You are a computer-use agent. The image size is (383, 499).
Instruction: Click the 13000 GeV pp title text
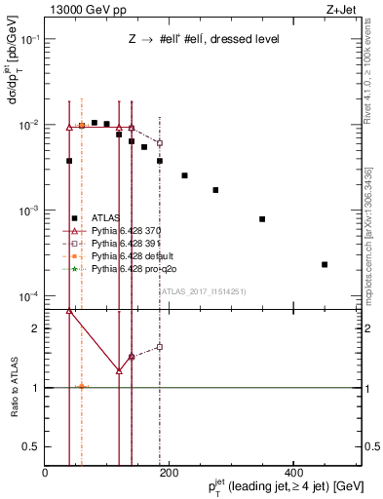[x=80, y=9]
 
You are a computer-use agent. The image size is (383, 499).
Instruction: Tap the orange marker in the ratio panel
[x=82, y=387]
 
